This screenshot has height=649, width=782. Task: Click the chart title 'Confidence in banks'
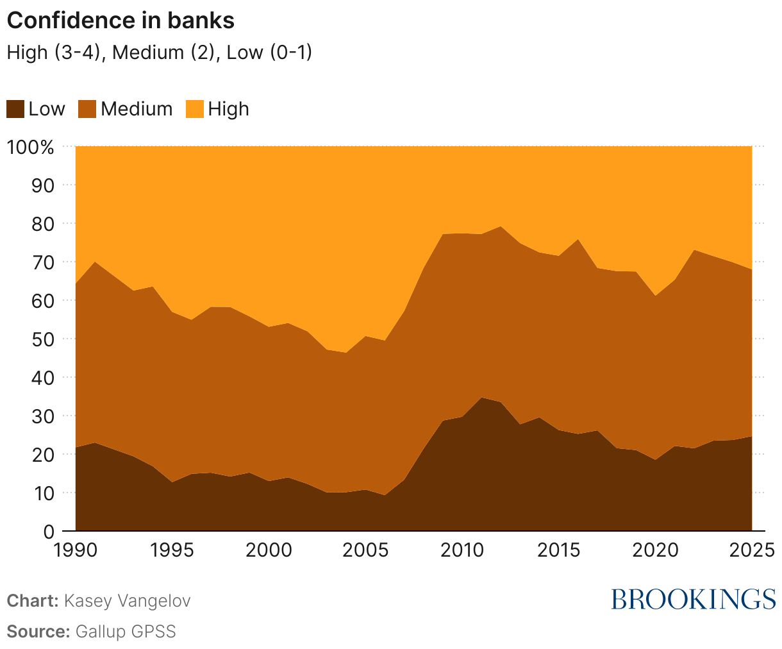click(x=121, y=21)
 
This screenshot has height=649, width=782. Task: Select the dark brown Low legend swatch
click(x=15, y=109)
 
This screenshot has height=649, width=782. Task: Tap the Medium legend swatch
click(x=87, y=109)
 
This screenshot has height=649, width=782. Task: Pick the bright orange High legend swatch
click(x=194, y=109)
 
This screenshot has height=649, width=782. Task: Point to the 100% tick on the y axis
click(x=30, y=147)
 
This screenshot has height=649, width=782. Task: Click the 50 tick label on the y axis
click(x=43, y=339)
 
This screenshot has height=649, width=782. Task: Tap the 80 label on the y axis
click(x=43, y=224)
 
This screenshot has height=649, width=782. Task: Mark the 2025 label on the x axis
click(x=751, y=550)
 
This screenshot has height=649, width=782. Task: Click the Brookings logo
click(x=693, y=599)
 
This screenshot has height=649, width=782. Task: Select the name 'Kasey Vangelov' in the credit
click(x=128, y=601)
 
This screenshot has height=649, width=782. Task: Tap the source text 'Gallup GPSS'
click(x=126, y=631)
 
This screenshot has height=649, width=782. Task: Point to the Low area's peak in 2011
click(x=481, y=398)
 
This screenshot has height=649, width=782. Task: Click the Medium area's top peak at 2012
click(x=501, y=226)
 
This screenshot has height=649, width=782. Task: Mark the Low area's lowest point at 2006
click(x=385, y=495)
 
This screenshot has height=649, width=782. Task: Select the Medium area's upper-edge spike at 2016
click(x=578, y=240)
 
